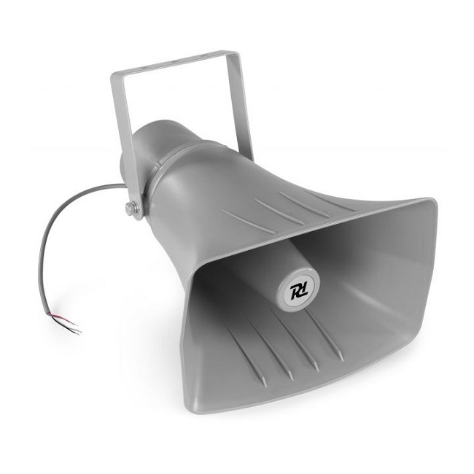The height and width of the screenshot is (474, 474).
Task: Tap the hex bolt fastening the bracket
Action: [131, 209]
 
